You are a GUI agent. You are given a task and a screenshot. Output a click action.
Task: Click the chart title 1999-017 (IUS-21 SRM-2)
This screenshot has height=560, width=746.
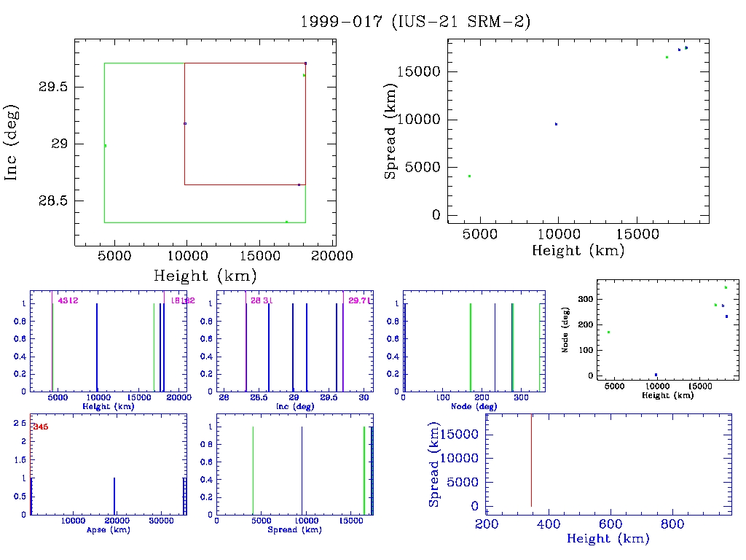415,22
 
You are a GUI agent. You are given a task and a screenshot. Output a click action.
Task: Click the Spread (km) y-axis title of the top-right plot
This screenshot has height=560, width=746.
391,132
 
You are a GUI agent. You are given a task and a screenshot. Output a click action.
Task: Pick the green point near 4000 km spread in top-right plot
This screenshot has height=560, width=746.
469,176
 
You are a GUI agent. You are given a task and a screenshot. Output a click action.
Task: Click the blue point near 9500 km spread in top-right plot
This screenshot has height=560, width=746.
556,124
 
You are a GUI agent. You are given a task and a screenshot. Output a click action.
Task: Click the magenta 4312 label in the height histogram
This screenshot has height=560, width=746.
68,300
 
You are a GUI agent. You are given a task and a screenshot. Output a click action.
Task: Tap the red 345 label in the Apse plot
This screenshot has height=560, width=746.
40,427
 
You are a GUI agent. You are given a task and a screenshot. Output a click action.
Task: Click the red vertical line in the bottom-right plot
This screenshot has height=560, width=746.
531,459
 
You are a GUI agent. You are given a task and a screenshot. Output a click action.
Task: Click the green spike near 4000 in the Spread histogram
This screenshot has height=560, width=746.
253,470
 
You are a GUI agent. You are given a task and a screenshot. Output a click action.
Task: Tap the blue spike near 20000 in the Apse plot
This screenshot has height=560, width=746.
114,497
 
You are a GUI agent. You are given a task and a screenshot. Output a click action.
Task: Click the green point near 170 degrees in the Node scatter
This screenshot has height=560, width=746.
608,332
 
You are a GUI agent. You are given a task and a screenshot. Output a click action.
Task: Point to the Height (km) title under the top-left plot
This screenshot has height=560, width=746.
205,276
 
